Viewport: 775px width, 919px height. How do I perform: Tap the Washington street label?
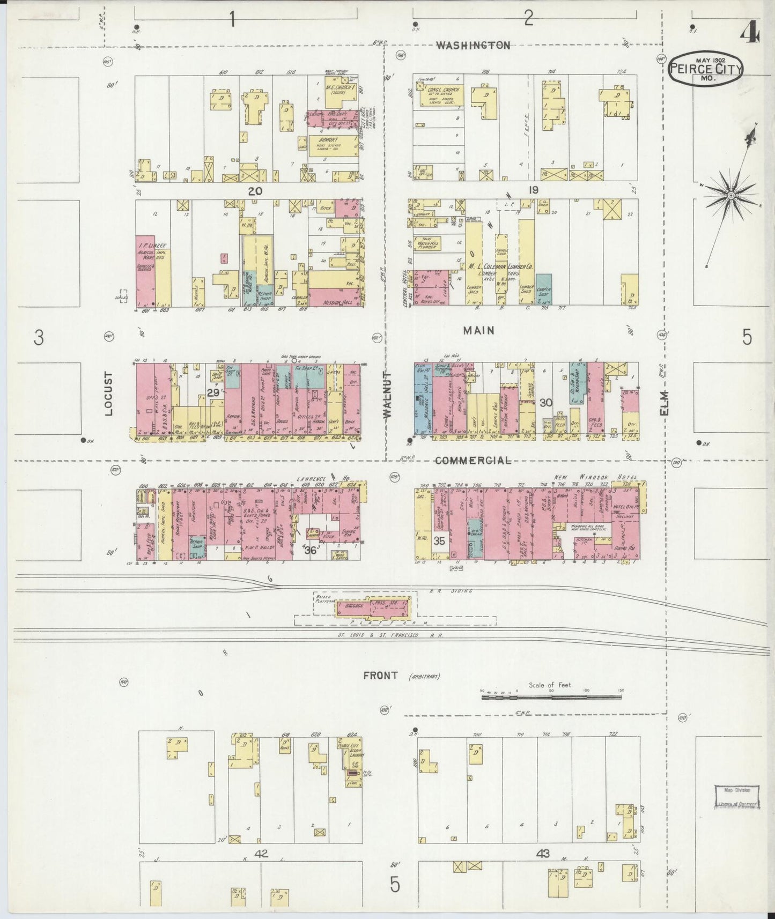tap(473, 46)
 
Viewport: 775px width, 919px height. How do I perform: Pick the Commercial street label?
tap(473, 461)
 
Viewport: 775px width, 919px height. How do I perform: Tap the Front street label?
tap(381, 675)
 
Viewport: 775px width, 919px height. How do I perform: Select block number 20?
tap(255, 190)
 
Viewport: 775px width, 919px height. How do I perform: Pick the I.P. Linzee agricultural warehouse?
tap(145, 271)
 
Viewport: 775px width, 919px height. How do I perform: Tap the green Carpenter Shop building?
tap(543, 290)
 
